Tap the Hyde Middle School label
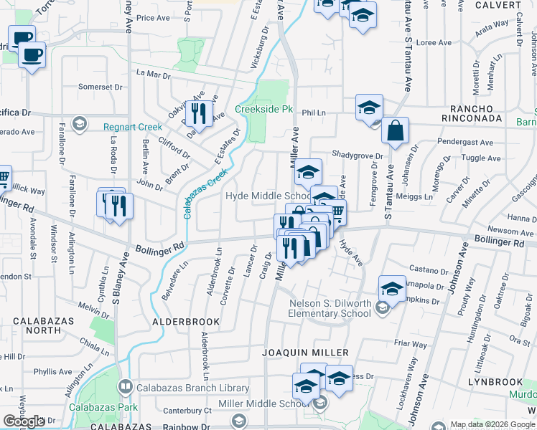click(267, 196)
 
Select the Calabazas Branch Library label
click(186, 388)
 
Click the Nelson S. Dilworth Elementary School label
click(330, 308)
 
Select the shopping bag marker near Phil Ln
click(395, 131)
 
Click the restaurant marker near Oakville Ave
click(199, 113)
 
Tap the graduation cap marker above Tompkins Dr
click(392, 289)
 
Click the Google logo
click(24, 421)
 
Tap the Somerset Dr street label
click(95, 87)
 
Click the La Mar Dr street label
click(153, 74)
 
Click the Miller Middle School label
click(253, 403)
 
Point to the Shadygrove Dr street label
click(357, 154)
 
